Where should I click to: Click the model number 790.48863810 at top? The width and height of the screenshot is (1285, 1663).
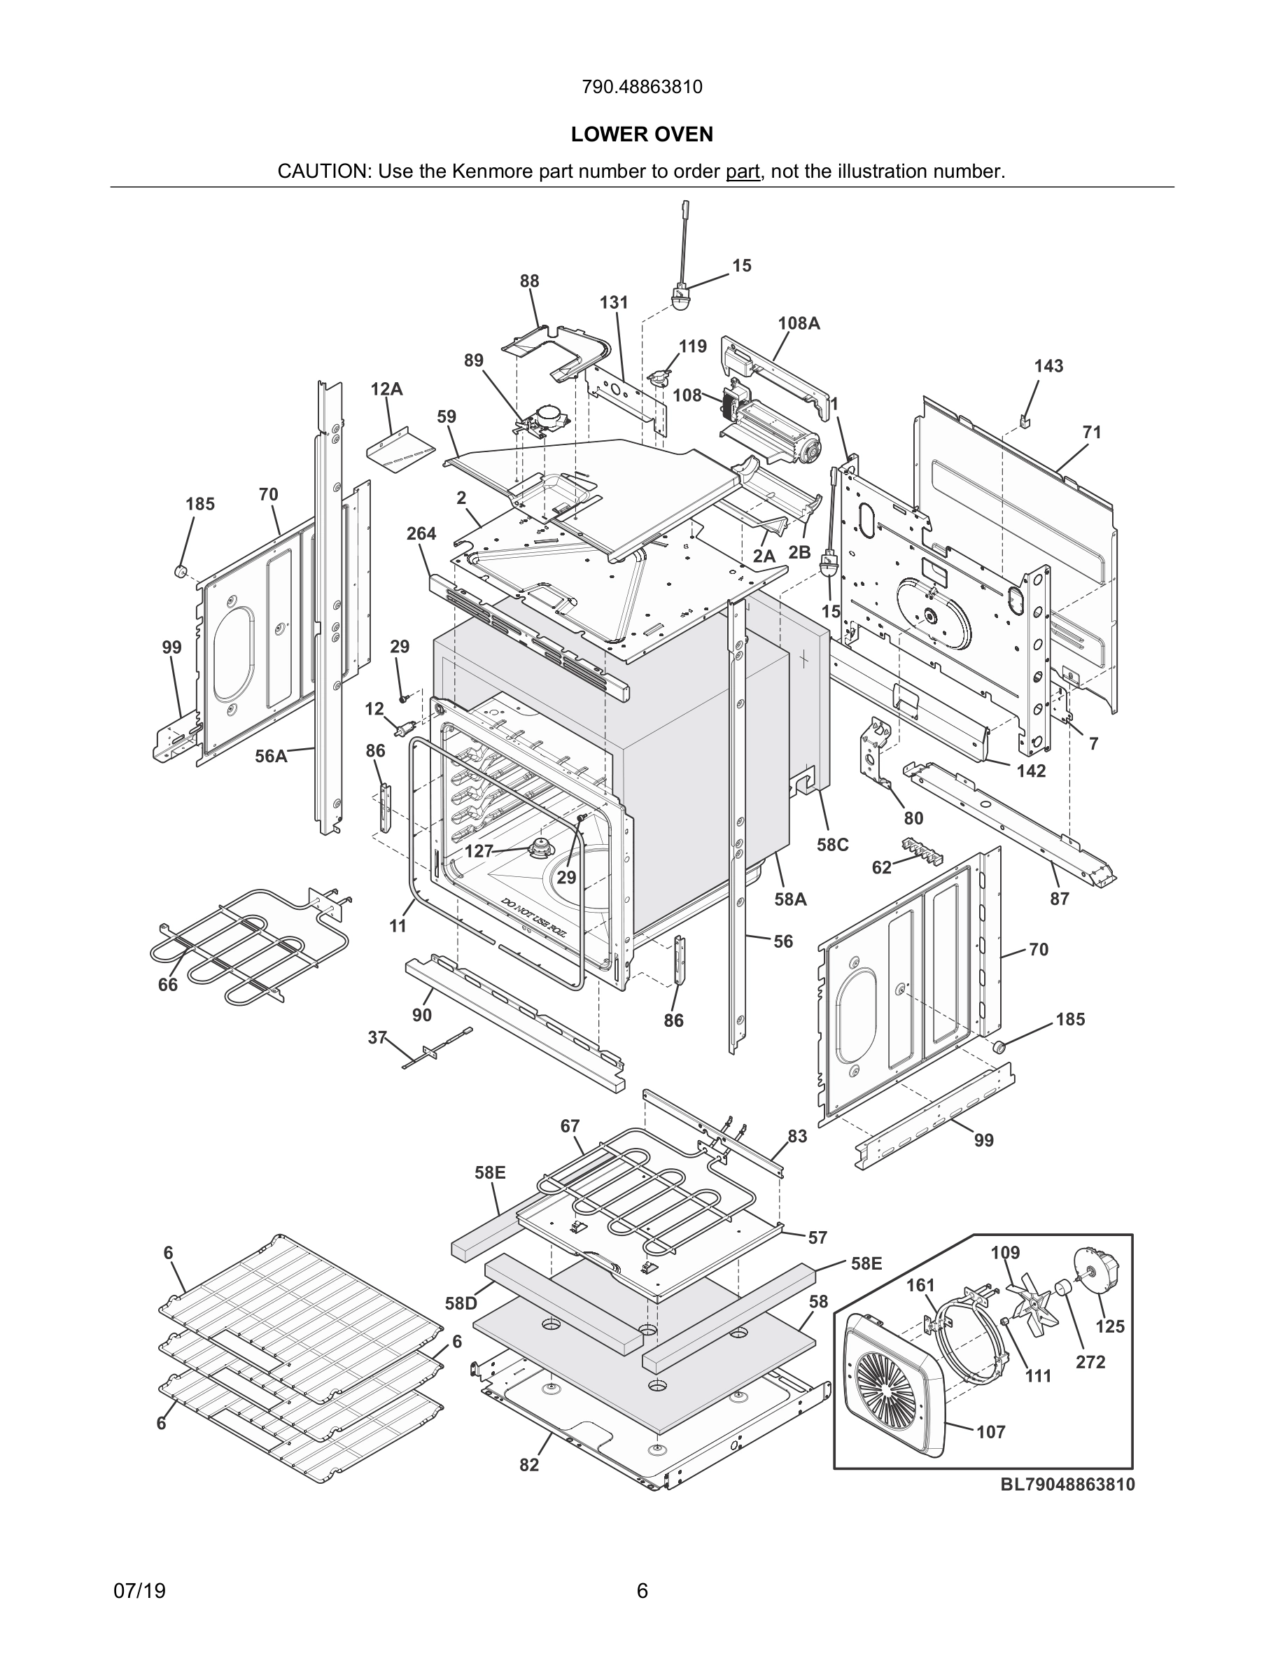point(642,87)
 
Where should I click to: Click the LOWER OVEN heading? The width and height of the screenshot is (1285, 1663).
point(642,135)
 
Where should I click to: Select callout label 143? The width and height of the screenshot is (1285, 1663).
point(1048,366)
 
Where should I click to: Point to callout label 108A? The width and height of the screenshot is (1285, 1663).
point(799,323)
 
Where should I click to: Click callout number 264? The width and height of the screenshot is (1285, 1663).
point(421,534)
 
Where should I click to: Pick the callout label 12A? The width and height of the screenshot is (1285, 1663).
point(387,389)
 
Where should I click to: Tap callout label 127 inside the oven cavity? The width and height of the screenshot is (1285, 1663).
point(479,851)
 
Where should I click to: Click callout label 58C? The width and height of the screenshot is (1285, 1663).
point(833,844)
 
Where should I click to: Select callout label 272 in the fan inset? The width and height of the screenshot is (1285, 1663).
point(1090,1362)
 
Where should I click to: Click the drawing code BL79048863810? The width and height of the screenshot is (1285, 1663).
point(1067,1484)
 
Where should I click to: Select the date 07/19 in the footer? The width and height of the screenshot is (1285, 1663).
point(139,1592)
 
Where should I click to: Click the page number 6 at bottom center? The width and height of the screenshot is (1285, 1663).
point(642,1592)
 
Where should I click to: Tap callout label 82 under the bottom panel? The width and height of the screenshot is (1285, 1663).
point(529,1465)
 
